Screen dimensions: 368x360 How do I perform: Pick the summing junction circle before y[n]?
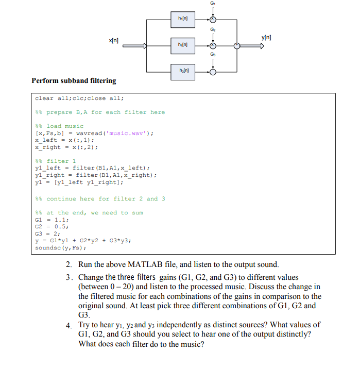(237, 45)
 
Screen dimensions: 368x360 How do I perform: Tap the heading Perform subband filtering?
(74, 81)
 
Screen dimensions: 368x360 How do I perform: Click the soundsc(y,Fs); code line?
(60, 247)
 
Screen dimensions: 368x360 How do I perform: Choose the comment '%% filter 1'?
(55, 161)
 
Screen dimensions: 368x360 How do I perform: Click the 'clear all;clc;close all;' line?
(79, 98)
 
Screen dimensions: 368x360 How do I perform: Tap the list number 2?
(68, 265)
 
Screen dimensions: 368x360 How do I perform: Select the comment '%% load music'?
(59, 126)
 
